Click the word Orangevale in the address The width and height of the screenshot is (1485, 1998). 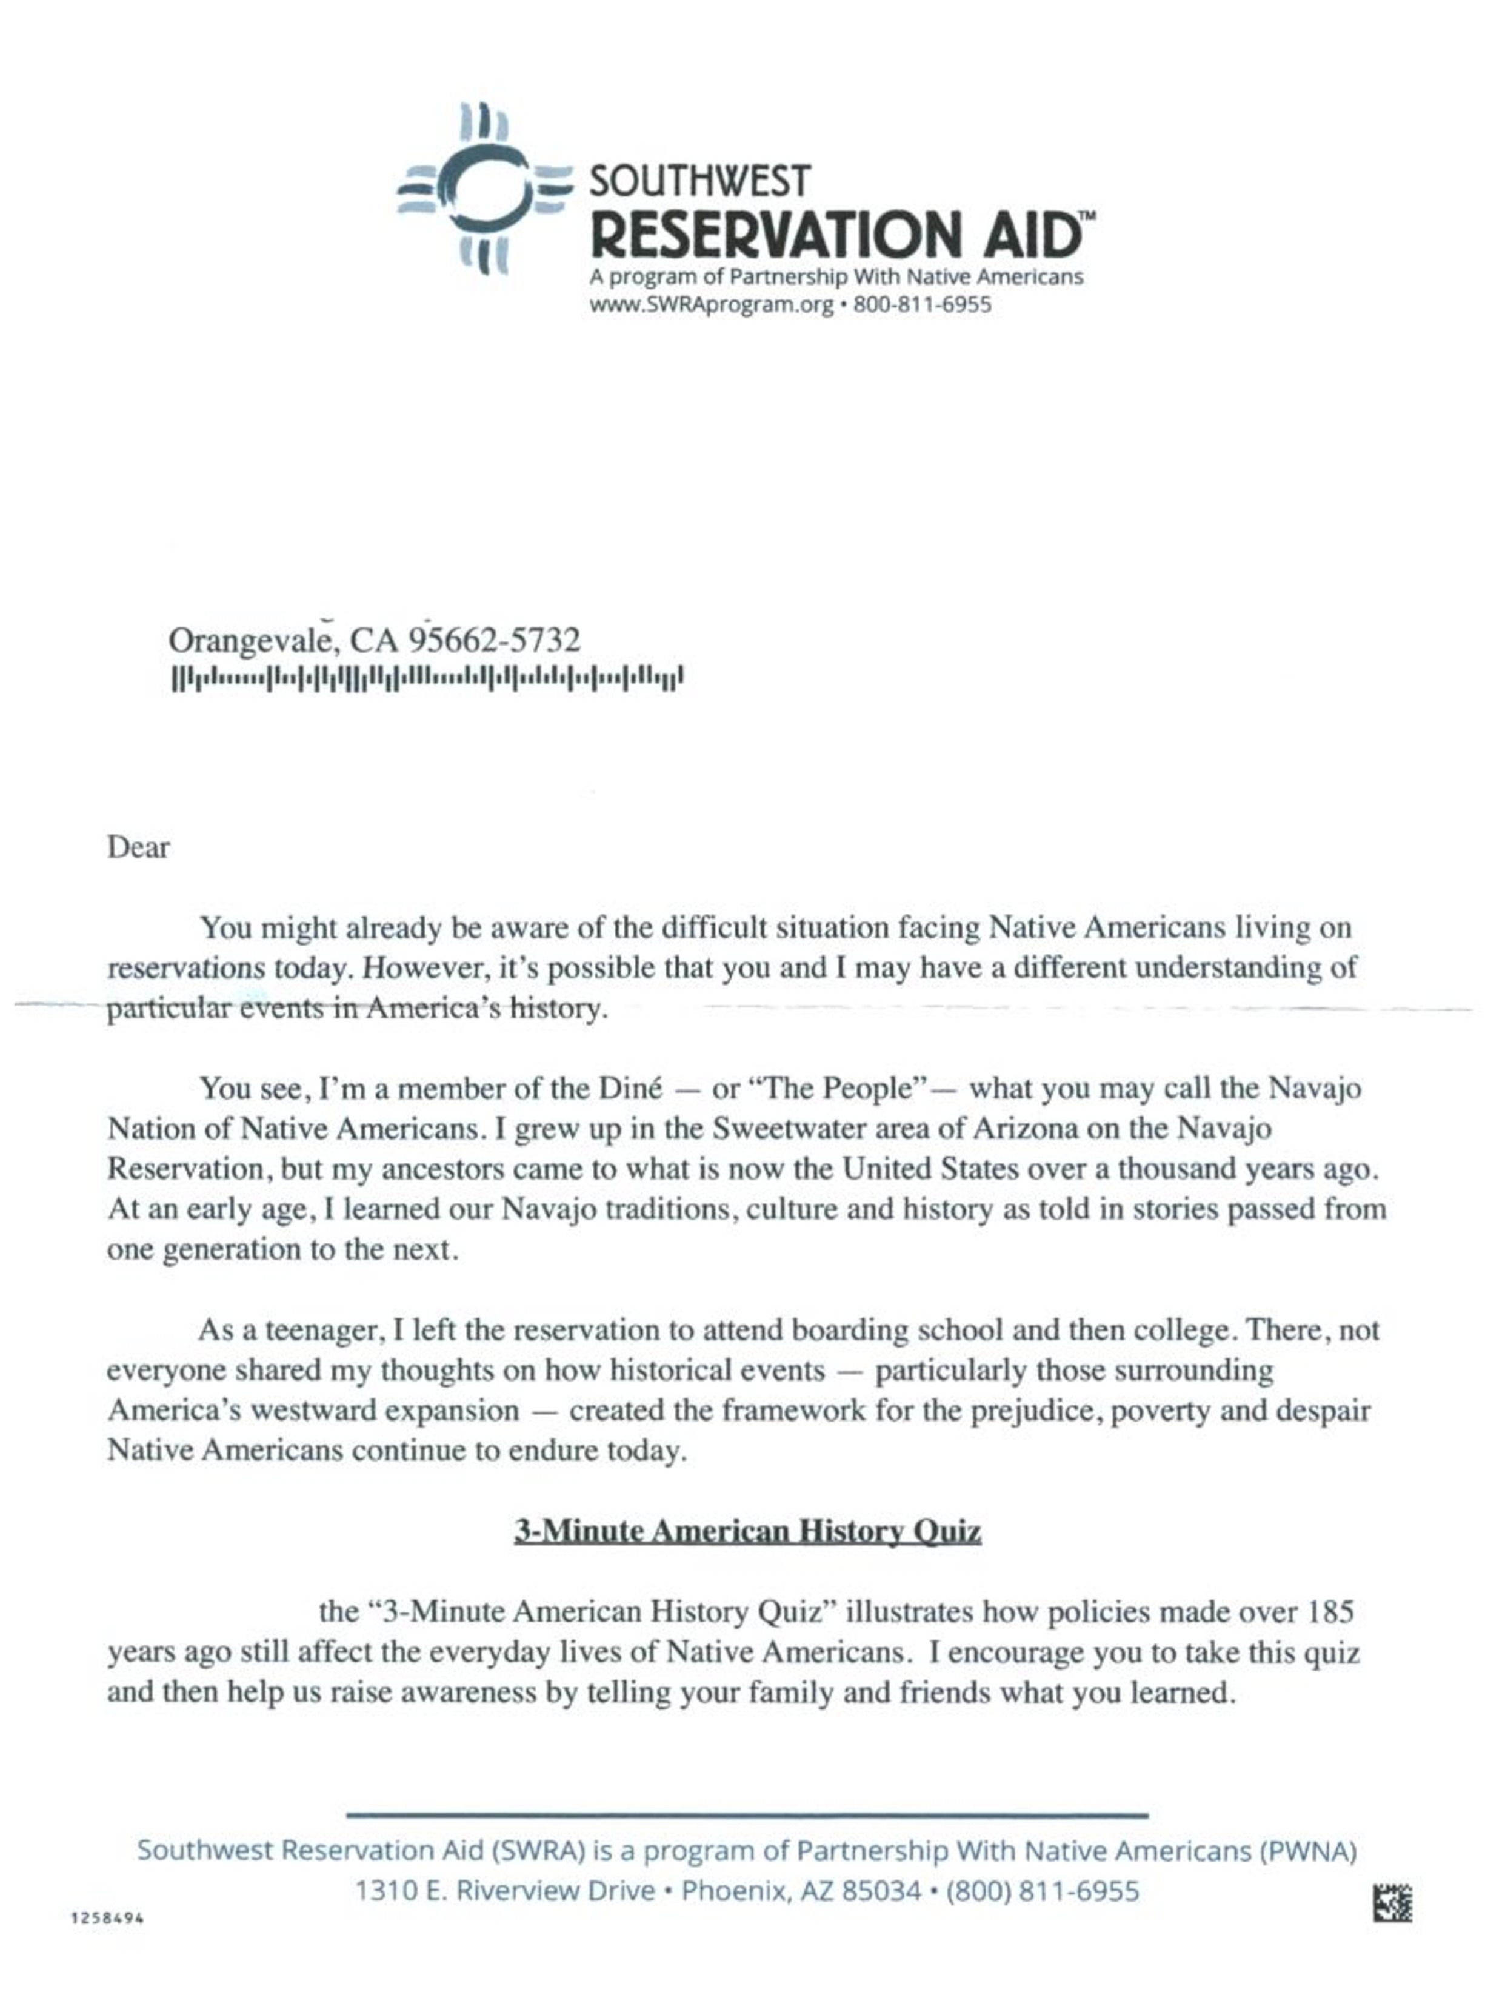(x=253, y=641)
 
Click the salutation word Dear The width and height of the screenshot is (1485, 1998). (x=138, y=847)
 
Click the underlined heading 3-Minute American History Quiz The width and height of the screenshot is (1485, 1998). (x=746, y=1531)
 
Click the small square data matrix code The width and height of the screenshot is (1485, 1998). (x=1392, y=1903)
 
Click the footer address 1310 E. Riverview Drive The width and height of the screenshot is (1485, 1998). (x=504, y=1891)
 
